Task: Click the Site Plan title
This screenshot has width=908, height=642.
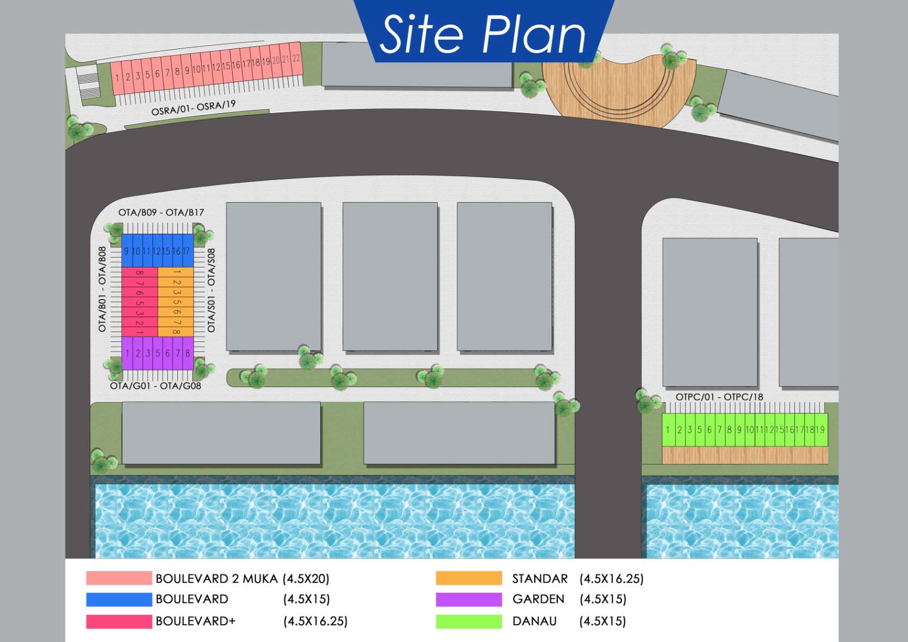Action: pyautogui.click(x=483, y=34)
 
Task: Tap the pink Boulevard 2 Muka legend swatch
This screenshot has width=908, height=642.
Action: pyautogui.click(x=119, y=578)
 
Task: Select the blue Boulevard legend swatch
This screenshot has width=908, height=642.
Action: pyautogui.click(x=119, y=599)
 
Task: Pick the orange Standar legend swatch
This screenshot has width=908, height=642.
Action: pyautogui.click(x=469, y=578)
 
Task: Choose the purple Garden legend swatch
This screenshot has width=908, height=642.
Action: pyautogui.click(x=469, y=599)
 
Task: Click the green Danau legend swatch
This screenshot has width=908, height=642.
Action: pyautogui.click(x=469, y=621)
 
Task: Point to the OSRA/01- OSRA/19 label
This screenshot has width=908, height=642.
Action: pyautogui.click(x=194, y=108)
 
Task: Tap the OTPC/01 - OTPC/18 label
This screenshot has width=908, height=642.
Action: pyautogui.click(x=719, y=397)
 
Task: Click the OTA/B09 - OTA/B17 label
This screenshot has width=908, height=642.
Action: pyautogui.click(x=161, y=212)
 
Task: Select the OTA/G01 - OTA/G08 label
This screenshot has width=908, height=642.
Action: pyautogui.click(x=156, y=386)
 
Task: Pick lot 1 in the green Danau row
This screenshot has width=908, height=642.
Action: pyautogui.click(x=668, y=429)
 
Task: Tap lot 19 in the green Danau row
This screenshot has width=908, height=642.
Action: pyautogui.click(x=820, y=429)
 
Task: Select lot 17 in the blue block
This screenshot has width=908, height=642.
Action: pyautogui.click(x=186, y=251)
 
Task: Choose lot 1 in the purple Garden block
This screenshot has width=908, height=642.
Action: pyautogui.click(x=127, y=353)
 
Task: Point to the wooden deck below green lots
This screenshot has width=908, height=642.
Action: pyautogui.click(x=745, y=456)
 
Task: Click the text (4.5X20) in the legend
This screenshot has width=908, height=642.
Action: pyautogui.click(x=306, y=578)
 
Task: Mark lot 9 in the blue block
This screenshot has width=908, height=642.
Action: pyautogui.click(x=126, y=251)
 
